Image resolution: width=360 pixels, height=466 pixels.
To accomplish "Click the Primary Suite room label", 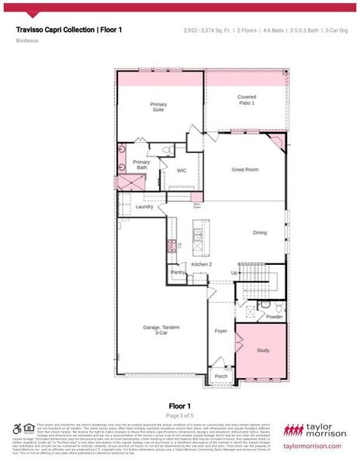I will pyautogui.click(x=157, y=106).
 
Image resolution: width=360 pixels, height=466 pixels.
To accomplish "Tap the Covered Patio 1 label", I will pyautogui.click(x=247, y=100).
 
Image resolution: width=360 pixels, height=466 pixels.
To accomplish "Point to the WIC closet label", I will pyautogui.click(x=182, y=170).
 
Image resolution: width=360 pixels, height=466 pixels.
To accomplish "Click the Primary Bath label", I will pyautogui.click(x=142, y=165).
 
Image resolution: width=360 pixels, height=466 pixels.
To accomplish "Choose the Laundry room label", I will pyautogui.click(x=144, y=207).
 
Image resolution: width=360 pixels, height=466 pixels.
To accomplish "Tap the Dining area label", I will pyautogui.click(x=261, y=232).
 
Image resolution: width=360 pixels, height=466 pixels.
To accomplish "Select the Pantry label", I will pyautogui.click(x=178, y=273).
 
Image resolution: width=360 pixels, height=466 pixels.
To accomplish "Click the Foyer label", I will pyautogui.click(x=221, y=330).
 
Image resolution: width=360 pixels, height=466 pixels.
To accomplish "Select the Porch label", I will pyautogui.click(x=221, y=376).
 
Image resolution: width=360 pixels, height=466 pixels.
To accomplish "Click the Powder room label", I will pyautogui.click(x=274, y=317).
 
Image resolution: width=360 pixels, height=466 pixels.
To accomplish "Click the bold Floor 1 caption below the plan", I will pyautogui.click(x=179, y=405).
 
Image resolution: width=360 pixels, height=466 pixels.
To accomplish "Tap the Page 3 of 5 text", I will pyautogui.click(x=179, y=416).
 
